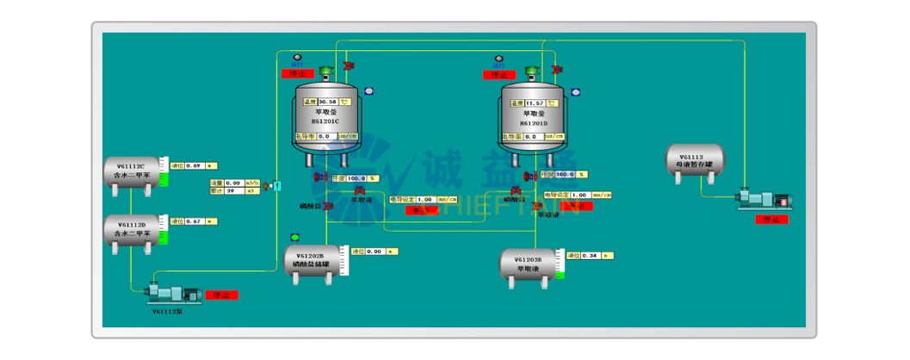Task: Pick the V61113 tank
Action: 696,161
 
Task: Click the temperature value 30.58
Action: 328,102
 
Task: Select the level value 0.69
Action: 194,164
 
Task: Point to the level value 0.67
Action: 194,221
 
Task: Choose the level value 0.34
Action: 590,256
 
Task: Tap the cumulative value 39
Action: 232,190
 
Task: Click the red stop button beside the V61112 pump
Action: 222,295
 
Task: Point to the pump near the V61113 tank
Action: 764,200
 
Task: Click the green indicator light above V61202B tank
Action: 295,238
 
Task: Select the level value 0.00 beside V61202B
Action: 374,251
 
